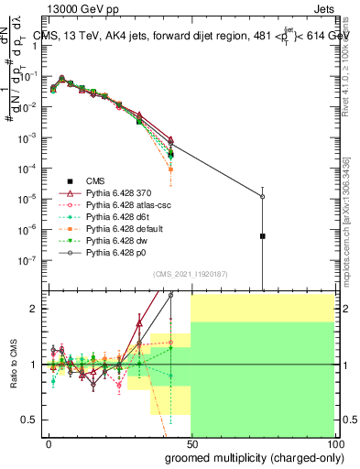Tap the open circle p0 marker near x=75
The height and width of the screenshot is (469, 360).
263,196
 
